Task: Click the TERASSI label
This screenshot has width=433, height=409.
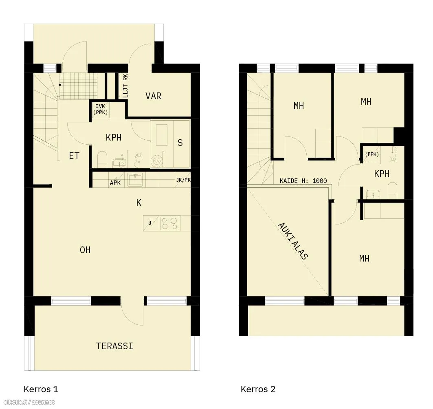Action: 114,346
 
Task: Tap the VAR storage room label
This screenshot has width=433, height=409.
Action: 153,96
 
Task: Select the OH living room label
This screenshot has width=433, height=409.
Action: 85,250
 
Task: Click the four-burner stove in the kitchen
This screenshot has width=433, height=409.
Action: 169,223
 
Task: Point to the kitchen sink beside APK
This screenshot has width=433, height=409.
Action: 135,180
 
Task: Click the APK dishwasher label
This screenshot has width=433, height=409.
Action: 115,183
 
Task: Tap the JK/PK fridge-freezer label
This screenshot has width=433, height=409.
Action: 183,180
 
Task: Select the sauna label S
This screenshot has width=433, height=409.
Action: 180,143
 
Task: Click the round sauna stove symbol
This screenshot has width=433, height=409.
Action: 157,160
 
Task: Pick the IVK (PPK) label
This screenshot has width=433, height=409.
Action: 100,109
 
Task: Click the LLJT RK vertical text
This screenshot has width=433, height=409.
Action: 125,86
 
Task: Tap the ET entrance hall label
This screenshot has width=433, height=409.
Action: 74,156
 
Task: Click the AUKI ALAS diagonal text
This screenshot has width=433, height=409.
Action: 293,241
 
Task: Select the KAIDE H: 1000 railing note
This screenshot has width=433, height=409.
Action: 303,181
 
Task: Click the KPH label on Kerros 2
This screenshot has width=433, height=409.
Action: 382,174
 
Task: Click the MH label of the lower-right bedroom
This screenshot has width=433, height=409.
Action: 364,259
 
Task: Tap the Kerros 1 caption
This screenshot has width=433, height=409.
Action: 41,389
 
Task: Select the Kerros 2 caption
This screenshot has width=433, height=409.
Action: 258,389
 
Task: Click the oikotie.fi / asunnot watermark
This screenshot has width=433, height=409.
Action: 28,402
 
